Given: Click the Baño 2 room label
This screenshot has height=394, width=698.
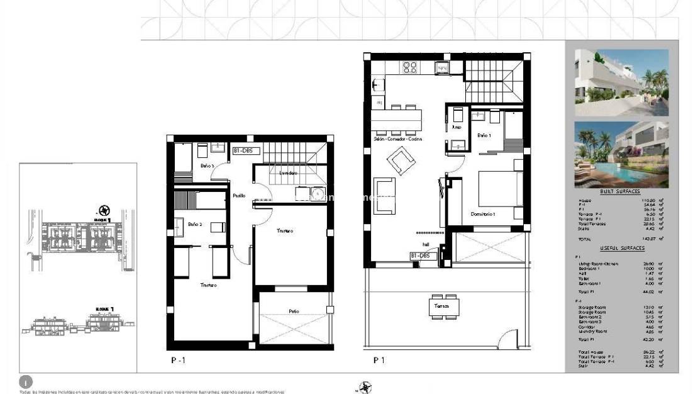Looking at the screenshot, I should (x=194, y=224).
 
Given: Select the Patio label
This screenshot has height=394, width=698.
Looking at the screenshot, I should (x=294, y=310).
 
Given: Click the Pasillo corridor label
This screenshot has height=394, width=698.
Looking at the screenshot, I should (x=238, y=196).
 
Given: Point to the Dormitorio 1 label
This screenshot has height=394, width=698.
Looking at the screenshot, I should (x=483, y=214).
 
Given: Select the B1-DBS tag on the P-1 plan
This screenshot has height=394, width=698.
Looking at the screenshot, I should (x=245, y=151).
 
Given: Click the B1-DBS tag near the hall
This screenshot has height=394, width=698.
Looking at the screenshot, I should (x=421, y=256).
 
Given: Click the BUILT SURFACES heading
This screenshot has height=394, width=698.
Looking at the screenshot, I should (x=619, y=191).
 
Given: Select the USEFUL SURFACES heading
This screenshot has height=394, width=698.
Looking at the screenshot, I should (x=619, y=249).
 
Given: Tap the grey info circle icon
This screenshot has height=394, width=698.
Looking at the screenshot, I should (x=25, y=382).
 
